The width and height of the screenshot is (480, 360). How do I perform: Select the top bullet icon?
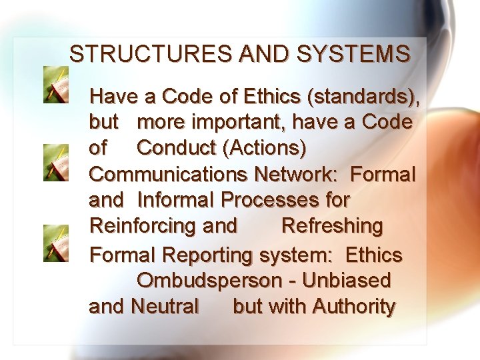click(x=55, y=84)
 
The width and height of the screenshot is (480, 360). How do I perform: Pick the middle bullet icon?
click(x=55, y=163)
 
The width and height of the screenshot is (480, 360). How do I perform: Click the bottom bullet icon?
click(x=55, y=242)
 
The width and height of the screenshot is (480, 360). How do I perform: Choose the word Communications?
click(x=169, y=175)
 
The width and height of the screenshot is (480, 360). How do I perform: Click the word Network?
click(x=298, y=175)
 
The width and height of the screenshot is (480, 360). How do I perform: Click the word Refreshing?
click(x=332, y=226)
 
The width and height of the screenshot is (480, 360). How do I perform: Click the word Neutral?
click(x=165, y=307)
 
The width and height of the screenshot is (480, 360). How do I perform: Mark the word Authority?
click(x=353, y=307)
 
